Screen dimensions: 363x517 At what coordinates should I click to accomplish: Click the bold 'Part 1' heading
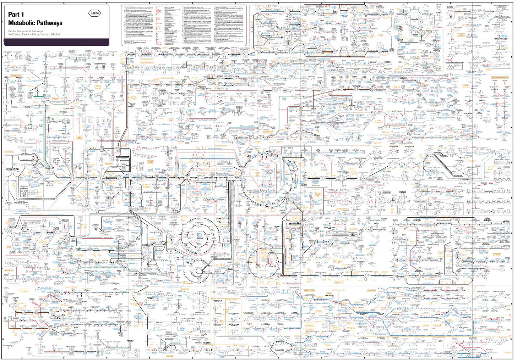click(x=16, y=15)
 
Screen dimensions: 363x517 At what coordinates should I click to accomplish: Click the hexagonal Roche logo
click(x=94, y=13)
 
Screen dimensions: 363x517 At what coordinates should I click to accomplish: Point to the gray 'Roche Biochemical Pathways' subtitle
click(x=26, y=31)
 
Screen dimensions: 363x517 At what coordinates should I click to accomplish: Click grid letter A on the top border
click(x=22, y=2)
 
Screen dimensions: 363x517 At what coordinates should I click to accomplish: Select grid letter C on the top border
click(x=107, y=2)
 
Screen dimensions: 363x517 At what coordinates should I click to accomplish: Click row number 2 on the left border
click(x=3, y=57)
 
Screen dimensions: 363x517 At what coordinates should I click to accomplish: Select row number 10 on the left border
click(x=3, y=339)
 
